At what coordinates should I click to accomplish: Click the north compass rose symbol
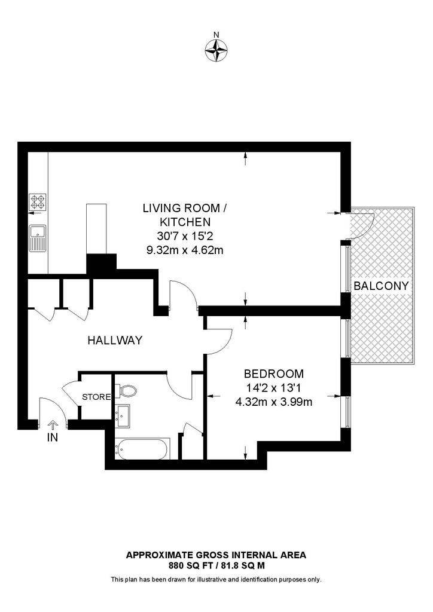216,50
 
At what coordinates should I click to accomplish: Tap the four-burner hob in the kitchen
38,203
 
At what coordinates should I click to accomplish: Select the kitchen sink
38,237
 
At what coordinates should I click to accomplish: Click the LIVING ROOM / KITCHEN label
185,215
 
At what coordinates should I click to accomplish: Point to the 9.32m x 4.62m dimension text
185,250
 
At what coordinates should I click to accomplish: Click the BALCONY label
382,286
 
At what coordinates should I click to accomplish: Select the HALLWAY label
115,341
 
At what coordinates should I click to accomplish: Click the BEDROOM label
274,374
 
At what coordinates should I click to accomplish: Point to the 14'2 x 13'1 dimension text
274,388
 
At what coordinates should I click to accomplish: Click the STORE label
96,397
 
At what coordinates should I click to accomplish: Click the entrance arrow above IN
53,424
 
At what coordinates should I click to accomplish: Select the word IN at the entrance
53,437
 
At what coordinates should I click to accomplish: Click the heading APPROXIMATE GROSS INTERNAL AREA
216,555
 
